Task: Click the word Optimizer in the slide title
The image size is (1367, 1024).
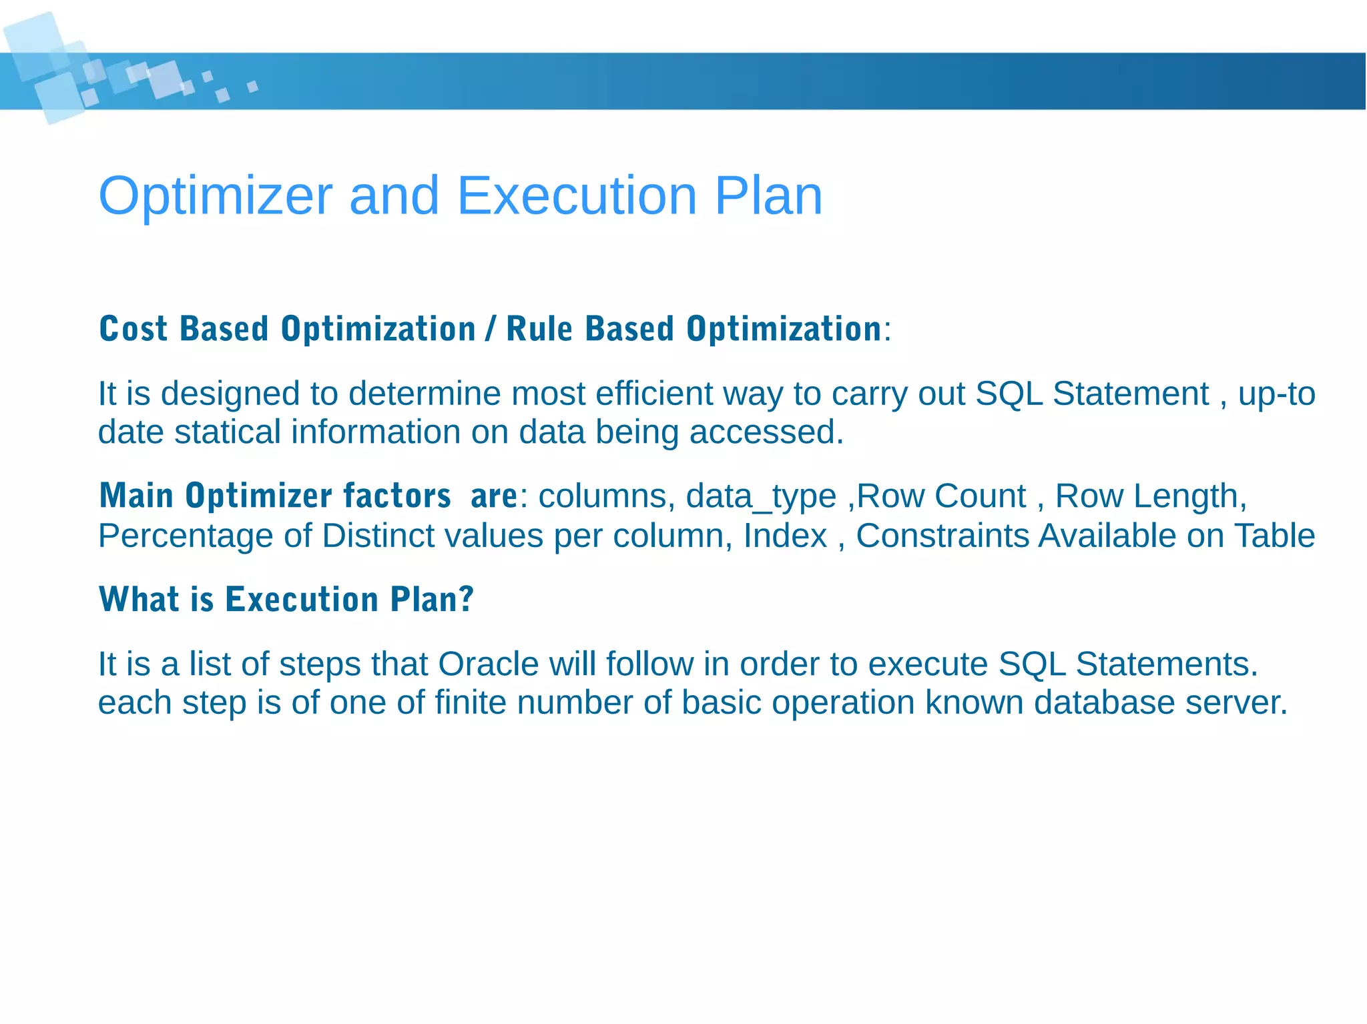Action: (x=215, y=195)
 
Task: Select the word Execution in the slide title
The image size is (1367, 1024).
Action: (x=576, y=195)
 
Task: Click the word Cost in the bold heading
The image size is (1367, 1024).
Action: (x=133, y=329)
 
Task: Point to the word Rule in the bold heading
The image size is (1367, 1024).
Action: (x=539, y=329)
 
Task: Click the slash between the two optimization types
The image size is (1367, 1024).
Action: (x=491, y=329)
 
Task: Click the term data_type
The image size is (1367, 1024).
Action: (x=761, y=496)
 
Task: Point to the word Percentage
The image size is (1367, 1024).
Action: (x=186, y=536)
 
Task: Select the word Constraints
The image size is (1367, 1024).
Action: (x=942, y=536)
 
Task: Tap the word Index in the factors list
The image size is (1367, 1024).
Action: (x=785, y=536)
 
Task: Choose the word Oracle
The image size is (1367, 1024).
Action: (x=488, y=664)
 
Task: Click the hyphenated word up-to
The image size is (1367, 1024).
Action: (x=1276, y=394)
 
